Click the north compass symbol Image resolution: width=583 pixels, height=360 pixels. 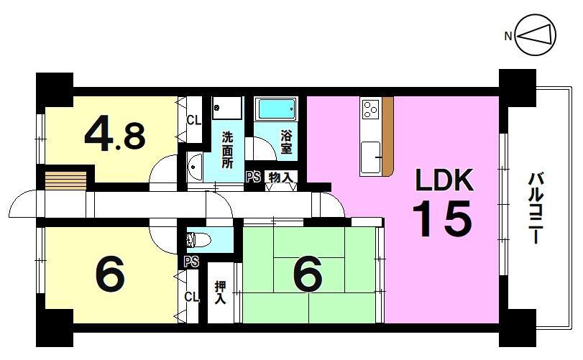[536, 35]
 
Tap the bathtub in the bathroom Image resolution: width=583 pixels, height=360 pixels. [275, 109]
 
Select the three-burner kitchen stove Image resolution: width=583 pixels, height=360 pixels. [370, 109]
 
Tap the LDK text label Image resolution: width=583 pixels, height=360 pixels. [444, 180]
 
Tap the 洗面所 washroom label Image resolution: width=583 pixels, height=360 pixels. [227, 149]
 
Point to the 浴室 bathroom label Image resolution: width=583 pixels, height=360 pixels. [286, 142]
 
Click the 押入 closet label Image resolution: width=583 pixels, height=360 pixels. [220, 292]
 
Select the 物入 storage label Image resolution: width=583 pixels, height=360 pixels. [281, 177]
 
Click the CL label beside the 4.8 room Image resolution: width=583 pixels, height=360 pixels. [193, 121]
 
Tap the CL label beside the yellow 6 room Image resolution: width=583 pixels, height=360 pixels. [192, 297]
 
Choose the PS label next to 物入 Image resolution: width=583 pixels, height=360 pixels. [253, 177]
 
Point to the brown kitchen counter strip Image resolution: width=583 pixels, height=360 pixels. [387, 136]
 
